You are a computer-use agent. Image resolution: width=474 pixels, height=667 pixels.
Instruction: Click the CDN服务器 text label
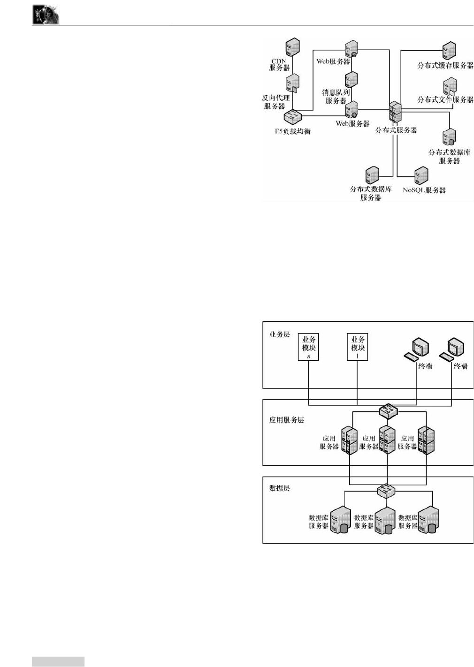(x=279, y=64)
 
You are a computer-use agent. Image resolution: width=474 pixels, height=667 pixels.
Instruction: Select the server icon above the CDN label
(x=292, y=47)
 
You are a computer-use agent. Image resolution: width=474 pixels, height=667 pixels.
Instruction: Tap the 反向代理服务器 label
(x=275, y=102)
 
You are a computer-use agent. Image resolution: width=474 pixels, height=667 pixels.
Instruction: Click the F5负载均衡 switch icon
(x=292, y=117)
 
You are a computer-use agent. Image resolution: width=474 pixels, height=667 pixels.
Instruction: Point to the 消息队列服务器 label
(x=336, y=97)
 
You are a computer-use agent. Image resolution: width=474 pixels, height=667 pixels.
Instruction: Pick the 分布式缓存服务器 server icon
(x=449, y=50)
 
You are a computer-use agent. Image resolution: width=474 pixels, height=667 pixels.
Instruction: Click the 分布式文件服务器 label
(x=445, y=99)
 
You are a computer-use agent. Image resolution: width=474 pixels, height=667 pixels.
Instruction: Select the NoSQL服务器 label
(x=424, y=190)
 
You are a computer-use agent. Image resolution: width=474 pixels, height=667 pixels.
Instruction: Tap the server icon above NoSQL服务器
(x=421, y=175)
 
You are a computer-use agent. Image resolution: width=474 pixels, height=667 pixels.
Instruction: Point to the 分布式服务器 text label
(x=396, y=130)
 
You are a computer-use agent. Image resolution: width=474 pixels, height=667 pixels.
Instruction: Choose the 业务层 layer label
(x=280, y=334)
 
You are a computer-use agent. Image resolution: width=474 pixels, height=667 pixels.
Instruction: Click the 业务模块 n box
(x=309, y=347)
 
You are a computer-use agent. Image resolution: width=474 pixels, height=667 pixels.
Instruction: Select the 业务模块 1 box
(x=358, y=347)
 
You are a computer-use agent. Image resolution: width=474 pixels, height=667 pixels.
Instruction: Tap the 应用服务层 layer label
(x=286, y=420)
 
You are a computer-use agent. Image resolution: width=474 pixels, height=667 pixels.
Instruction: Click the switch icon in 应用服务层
(x=388, y=411)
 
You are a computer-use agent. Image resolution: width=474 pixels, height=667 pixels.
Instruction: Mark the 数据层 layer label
(x=280, y=488)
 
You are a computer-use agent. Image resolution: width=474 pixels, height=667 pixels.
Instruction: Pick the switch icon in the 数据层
(x=386, y=491)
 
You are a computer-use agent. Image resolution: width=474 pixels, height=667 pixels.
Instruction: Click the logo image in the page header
(x=46, y=15)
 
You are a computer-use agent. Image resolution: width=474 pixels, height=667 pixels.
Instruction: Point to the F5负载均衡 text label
(x=292, y=131)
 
